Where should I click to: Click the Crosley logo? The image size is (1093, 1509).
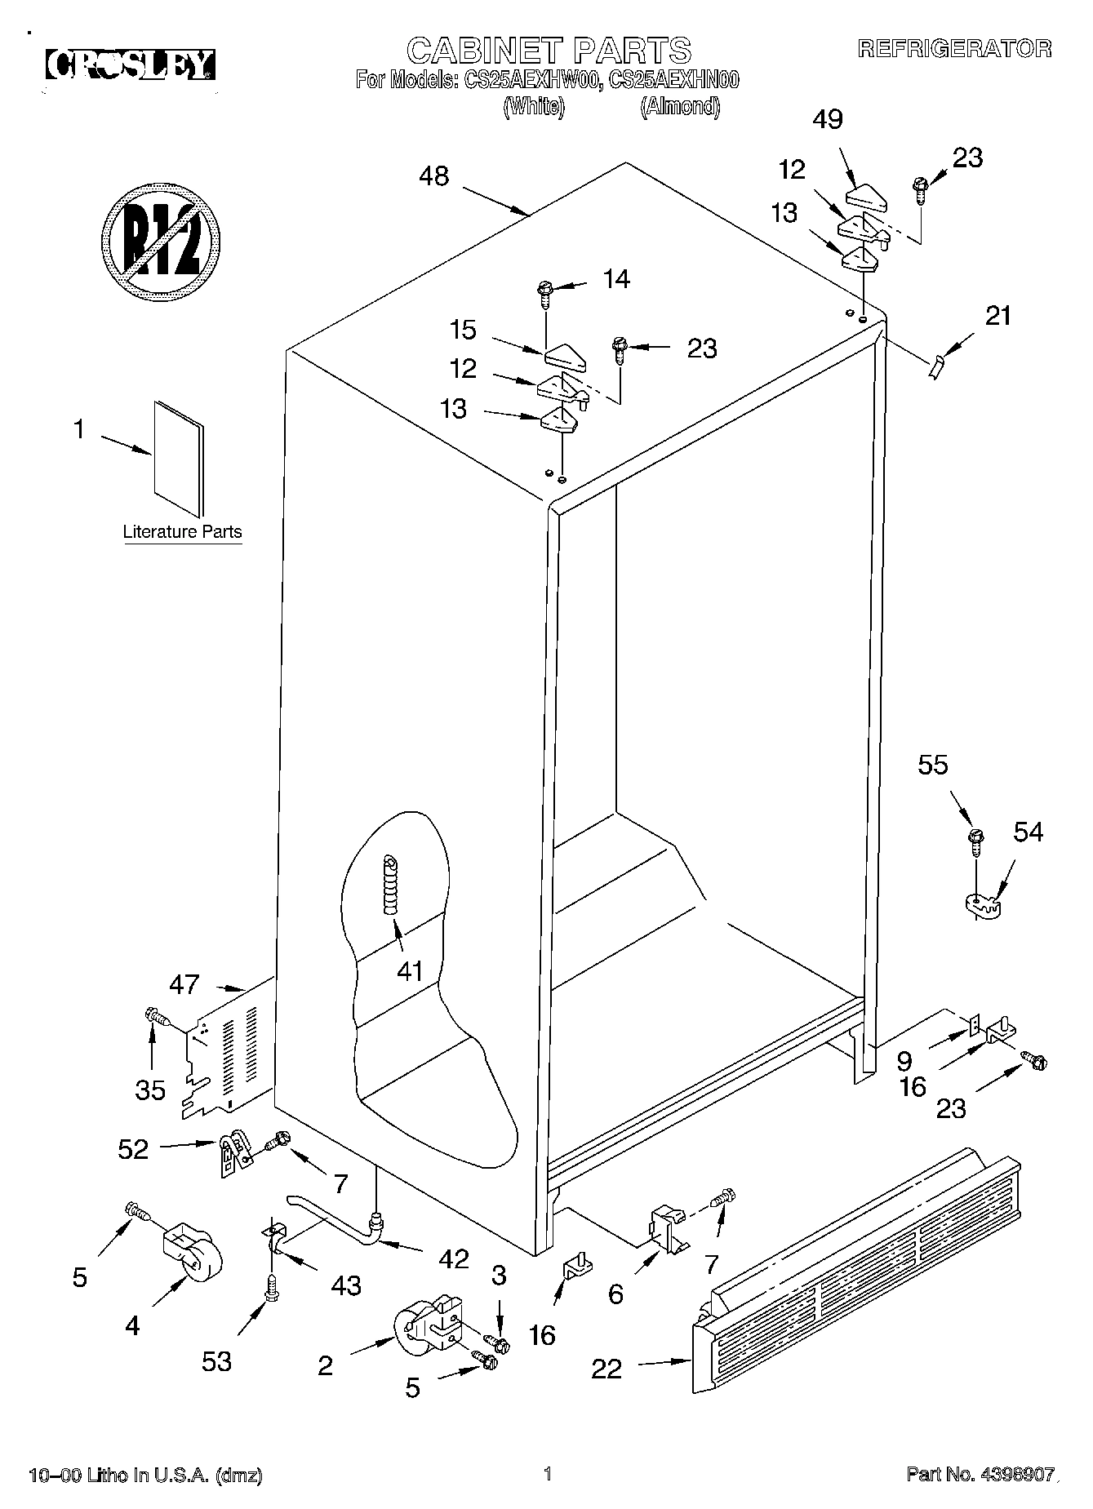(131, 64)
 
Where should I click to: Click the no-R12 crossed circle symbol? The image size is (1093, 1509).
(163, 242)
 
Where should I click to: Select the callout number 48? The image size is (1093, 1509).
(434, 176)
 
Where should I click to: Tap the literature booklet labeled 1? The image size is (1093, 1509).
(179, 459)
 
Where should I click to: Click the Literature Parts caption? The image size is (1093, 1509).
(182, 532)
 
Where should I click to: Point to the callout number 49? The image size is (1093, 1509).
(828, 119)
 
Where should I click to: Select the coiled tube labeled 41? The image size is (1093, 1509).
(391, 885)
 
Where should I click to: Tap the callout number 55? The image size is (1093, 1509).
(933, 765)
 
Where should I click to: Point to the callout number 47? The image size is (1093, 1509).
(184, 984)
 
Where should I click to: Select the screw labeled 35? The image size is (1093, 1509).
(154, 1017)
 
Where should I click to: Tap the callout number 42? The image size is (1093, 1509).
(453, 1258)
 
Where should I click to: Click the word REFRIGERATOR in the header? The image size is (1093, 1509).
(954, 48)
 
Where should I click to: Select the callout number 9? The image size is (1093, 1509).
(904, 1060)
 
